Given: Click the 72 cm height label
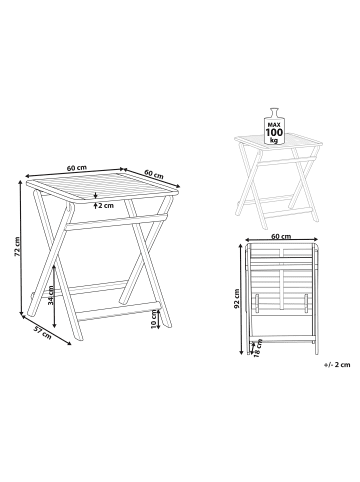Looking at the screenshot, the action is (16, 246).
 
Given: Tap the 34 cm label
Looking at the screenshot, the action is (51, 295).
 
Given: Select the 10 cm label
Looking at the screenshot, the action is (154, 319).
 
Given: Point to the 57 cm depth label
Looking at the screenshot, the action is (43, 333).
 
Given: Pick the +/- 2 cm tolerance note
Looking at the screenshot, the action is (337, 365).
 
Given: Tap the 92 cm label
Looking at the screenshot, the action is (237, 298).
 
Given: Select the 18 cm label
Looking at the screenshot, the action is (257, 348).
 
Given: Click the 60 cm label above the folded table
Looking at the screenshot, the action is (281, 237).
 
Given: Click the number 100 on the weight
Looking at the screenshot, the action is (274, 132).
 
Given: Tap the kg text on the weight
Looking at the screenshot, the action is (274, 140).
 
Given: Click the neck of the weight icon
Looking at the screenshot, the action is (274, 113).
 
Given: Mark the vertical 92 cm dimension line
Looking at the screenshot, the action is (241, 298).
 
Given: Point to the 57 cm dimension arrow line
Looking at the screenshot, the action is (46, 330).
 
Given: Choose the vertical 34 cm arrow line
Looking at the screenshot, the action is (55, 296).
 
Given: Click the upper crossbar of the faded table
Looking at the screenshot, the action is (284, 161).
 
